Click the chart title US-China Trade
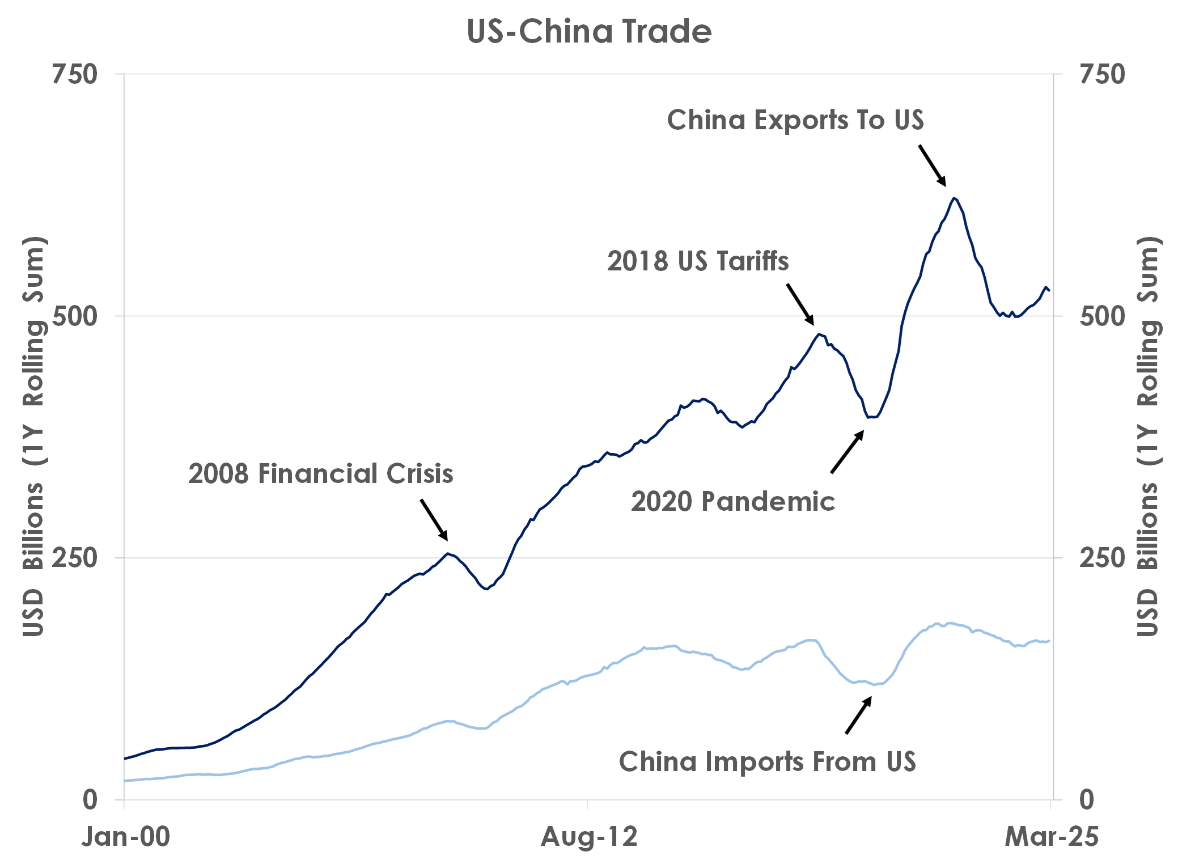pyautogui.click(x=589, y=31)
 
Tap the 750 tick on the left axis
pyautogui.click(x=74, y=74)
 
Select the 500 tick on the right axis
pyautogui.click(x=1102, y=316)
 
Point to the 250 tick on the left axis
pyautogui.click(x=74, y=558)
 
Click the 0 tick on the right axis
pyautogui.click(x=1087, y=800)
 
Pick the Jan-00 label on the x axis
pyautogui.click(x=126, y=837)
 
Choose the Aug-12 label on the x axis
pyautogui.click(x=589, y=837)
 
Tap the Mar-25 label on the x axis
pyautogui.click(x=1052, y=837)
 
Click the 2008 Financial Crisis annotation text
pyautogui.click(x=321, y=473)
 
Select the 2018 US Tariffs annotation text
pyautogui.click(x=698, y=261)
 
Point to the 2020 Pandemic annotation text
pyautogui.click(x=733, y=502)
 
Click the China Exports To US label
pyautogui.click(x=795, y=120)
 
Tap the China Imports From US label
pyautogui.click(x=768, y=761)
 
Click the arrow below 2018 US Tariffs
pyautogui.click(x=800, y=304)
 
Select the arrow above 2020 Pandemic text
pyautogui.click(x=848, y=451)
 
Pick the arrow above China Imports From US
pyautogui.click(x=858, y=715)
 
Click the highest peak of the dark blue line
pyautogui.click(x=955, y=198)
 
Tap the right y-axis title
pyautogui.click(x=1147, y=437)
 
